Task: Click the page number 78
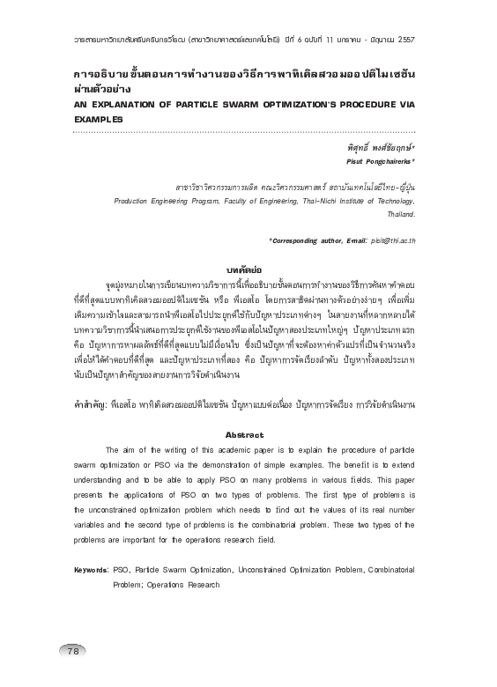[x=73, y=651]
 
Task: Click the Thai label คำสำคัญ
[x=89, y=403]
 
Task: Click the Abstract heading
[x=245, y=435]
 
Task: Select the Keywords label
[x=91, y=571]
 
